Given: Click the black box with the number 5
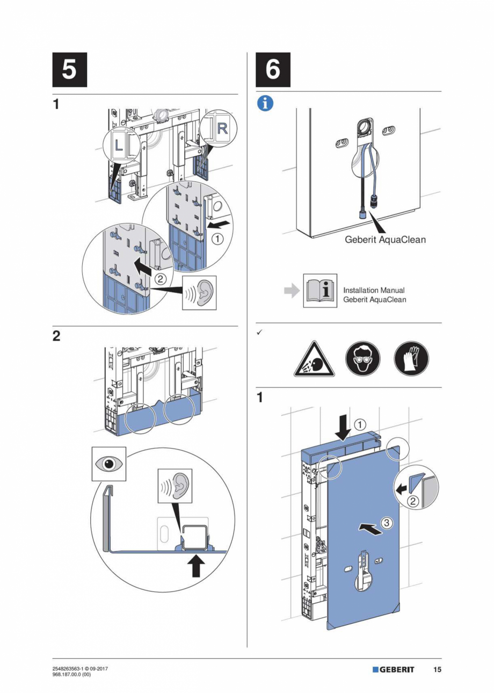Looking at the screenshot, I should click(70, 70).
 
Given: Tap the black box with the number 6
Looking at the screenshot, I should click(273, 70).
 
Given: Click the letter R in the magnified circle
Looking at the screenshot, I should click(222, 127).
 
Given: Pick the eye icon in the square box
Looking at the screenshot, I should click(108, 464).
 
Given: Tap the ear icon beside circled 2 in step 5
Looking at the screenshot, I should click(200, 293).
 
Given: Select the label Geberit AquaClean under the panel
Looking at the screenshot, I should click(385, 240).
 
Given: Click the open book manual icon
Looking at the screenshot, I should click(320, 291).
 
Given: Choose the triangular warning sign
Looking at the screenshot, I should click(314, 359).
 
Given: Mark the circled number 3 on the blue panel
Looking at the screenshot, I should click(387, 522).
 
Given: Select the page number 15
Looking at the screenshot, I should click(438, 670).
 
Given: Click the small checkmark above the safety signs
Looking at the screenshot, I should click(259, 334).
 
